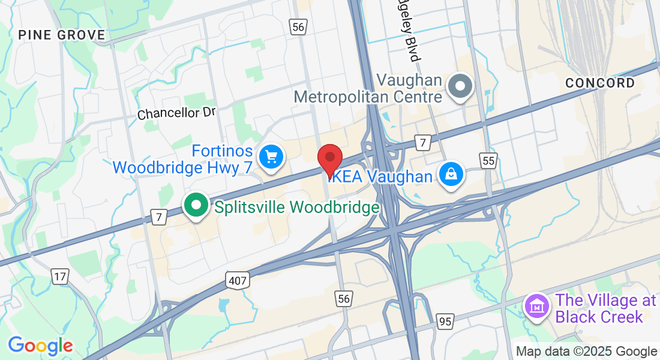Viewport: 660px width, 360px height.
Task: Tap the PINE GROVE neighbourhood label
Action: tap(61, 35)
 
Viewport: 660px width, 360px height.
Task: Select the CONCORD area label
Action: tap(599, 83)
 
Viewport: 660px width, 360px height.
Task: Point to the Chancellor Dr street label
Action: tap(176, 113)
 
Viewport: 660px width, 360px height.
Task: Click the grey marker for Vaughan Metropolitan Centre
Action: tap(460, 86)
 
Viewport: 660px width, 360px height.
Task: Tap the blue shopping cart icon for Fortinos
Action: tap(271, 157)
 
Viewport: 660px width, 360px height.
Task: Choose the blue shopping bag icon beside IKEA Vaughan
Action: tap(449, 175)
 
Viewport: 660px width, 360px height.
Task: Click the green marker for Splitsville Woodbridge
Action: tap(196, 206)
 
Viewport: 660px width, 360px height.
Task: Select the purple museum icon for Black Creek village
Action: tap(537, 307)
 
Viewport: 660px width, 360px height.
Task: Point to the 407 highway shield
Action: tap(238, 280)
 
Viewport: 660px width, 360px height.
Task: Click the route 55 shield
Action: tap(489, 160)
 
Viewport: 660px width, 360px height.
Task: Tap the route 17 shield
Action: tap(59, 277)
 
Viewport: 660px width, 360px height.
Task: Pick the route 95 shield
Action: tap(445, 322)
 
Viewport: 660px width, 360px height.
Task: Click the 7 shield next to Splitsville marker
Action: tap(158, 218)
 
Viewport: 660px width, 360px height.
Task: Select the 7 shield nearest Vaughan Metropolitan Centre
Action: tap(423, 143)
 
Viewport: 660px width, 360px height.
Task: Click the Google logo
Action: tap(40, 346)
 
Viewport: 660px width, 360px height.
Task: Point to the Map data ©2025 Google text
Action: tap(586, 352)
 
